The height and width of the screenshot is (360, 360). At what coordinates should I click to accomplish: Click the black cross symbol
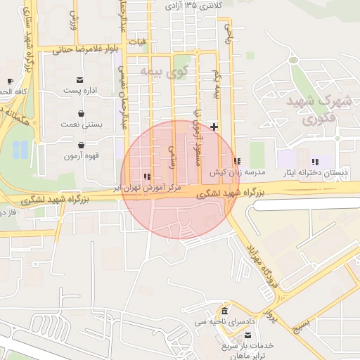pos(214,126)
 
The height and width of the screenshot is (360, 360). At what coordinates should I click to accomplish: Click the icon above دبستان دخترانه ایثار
pos(315,161)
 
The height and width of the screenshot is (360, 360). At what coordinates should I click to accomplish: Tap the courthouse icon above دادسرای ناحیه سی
pos(224,311)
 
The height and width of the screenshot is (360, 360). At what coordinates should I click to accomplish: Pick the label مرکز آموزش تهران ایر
pos(151,188)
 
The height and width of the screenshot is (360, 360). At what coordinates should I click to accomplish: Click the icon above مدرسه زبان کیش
pos(237,161)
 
